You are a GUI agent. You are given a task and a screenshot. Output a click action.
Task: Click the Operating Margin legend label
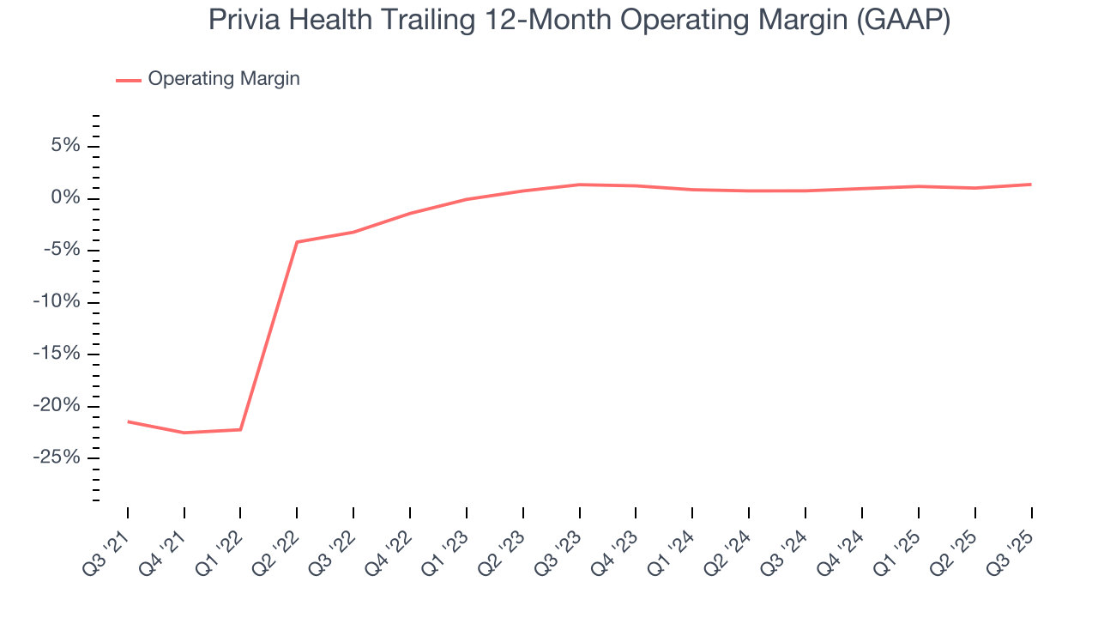pyautogui.click(x=224, y=79)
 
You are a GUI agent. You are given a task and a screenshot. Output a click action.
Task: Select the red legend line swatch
pyautogui.click(x=129, y=80)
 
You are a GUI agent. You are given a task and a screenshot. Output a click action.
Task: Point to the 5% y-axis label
pyautogui.click(x=65, y=146)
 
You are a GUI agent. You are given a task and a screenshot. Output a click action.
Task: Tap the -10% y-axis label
pyautogui.click(x=57, y=302)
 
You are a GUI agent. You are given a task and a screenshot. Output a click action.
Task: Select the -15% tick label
pyautogui.click(x=57, y=354)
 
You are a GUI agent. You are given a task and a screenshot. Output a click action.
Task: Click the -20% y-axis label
pyautogui.click(x=57, y=405)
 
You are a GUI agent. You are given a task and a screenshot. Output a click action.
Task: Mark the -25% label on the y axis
pyautogui.click(x=57, y=457)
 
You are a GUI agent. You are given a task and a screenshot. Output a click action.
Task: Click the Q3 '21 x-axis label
pyautogui.click(x=106, y=550)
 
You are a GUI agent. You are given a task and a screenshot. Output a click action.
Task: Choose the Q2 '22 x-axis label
pyautogui.click(x=275, y=550)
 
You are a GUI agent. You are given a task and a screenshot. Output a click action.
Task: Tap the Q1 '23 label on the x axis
pyautogui.click(x=445, y=550)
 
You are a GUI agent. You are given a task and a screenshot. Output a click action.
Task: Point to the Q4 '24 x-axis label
pyautogui.click(x=841, y=550)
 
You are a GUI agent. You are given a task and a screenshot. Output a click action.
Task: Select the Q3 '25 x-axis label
pyautogui.click(x=1010, y=550)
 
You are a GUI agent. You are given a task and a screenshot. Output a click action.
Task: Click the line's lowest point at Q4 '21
pyautogui.click(x=184, y=433)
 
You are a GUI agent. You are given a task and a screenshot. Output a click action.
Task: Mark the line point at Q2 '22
pyautogui.click(x=297, y=242)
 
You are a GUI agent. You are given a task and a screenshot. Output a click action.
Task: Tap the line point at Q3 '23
pyautogui.click(x=579, y=185)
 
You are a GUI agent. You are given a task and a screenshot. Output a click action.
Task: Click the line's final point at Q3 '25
pyautogui.click(x=1031, y=185)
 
